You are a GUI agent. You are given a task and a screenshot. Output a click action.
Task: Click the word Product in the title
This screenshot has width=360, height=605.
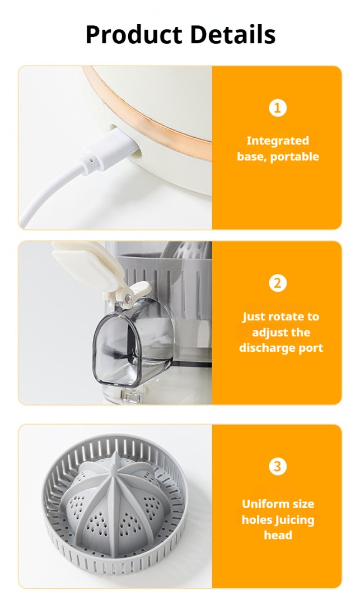134,35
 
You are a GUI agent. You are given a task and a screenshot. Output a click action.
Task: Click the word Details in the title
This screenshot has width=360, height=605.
233,34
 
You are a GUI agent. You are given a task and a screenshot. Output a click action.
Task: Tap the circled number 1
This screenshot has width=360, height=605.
278,108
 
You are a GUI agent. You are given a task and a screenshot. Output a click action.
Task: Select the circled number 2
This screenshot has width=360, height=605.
278,283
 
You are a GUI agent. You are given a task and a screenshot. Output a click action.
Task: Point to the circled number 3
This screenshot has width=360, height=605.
278,467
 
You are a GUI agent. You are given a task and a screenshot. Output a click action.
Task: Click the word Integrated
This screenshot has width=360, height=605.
278,141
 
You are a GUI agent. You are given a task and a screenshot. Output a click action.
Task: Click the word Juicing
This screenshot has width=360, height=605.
294,520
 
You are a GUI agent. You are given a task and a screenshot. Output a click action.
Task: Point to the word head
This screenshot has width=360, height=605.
278,535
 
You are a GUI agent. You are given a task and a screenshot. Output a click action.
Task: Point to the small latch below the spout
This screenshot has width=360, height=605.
130,395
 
